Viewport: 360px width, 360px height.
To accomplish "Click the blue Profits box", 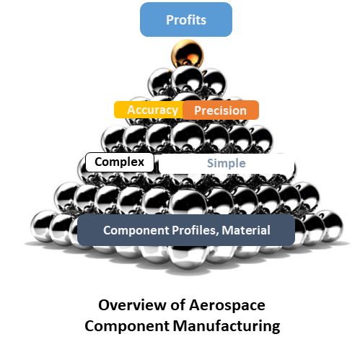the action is (x=186, y=19).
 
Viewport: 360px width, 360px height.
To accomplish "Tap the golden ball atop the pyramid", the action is (x=187, y=54).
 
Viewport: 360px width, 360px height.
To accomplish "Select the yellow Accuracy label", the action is (x=149, y=110).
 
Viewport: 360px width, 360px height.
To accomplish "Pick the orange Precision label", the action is (x=221, y=110).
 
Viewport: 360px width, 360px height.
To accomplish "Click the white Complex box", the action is (x=120, y=162).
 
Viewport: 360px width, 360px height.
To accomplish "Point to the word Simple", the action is (x=227, y=163).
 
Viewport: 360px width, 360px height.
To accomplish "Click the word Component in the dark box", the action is (x=136, y=230).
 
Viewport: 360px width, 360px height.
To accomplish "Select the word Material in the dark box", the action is (x=246, y=230).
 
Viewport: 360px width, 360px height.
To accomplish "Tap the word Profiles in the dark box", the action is (x=195, y=230).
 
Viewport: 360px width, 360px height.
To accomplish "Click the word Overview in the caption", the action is (x=133, y=305).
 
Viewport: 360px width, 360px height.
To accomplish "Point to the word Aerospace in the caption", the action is (x=227, y=305).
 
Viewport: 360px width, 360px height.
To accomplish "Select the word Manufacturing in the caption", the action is (x=227, y=326).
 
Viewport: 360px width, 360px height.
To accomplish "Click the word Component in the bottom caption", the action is (x=127, y=327).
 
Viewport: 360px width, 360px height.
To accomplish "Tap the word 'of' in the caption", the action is (x=178, y=304).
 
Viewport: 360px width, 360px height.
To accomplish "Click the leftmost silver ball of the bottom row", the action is (x=43, y=225).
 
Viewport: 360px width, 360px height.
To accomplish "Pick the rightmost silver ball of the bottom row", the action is (x=332, y=225).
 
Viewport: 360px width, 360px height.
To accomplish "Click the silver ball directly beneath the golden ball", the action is (x=188, y=80).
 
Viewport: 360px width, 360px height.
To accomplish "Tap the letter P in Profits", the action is (x=170, y=19).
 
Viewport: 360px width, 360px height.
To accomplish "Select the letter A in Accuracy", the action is (x=131, y=110).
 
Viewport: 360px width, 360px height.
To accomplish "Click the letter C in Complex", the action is (x=99, y=162).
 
